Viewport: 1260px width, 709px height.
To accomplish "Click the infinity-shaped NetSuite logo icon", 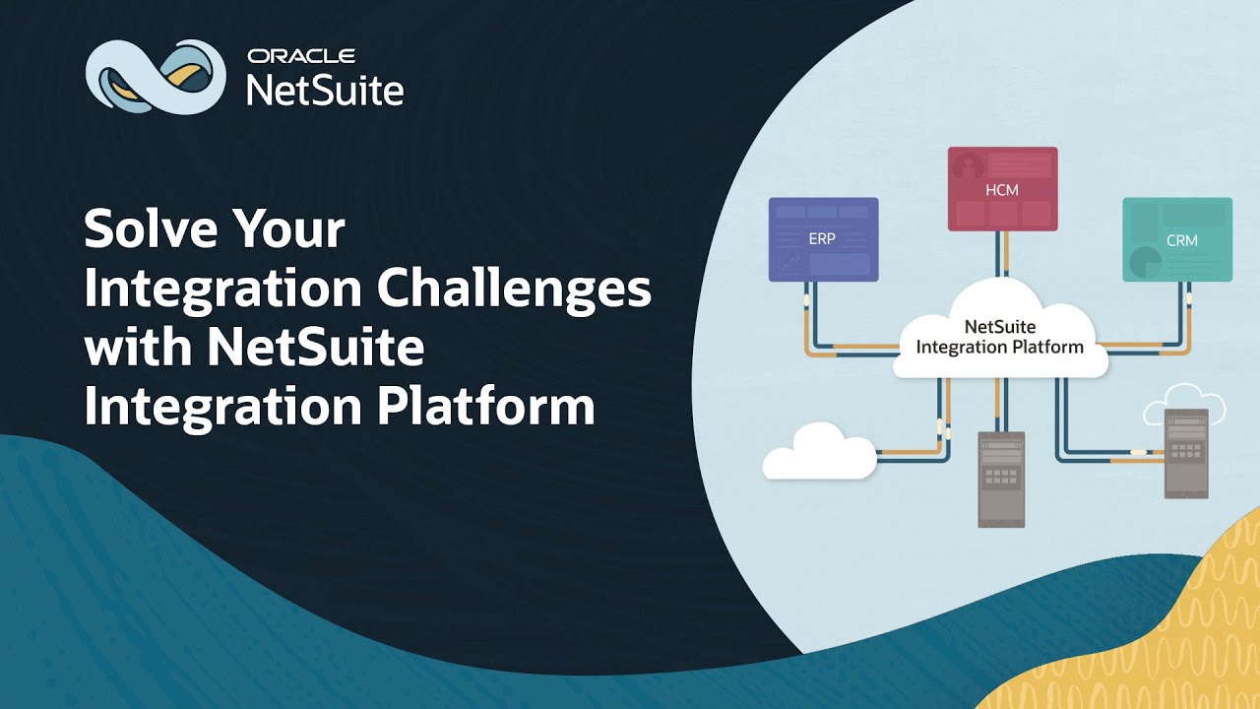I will point(156,77).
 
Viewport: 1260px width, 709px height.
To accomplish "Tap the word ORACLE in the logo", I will point(301,56).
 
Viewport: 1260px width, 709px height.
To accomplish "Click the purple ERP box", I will point(823,239).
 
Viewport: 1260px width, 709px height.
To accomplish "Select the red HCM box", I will point(1002,189).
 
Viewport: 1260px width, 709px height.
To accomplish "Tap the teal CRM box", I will point(1177,239).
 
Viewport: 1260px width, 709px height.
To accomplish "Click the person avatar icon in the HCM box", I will point(969,164).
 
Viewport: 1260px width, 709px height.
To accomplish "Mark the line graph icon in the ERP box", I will point(788,263).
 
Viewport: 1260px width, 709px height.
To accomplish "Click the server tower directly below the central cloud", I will point(1001,479).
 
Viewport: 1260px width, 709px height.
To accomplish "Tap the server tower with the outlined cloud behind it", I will point(1185,454).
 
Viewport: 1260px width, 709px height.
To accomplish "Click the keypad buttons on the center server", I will point(1001,477).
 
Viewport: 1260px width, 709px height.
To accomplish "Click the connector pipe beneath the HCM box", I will point(1002,255).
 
